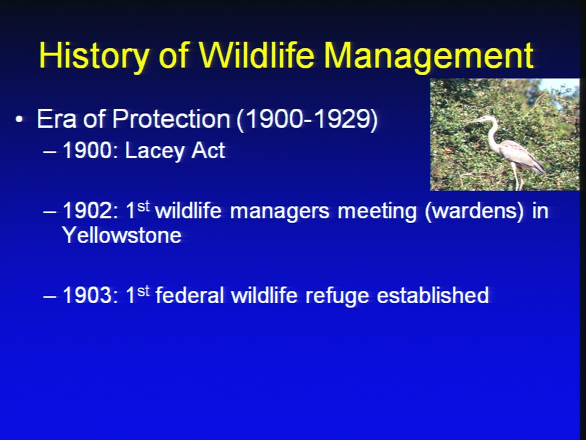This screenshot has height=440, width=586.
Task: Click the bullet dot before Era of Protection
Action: [19, 120]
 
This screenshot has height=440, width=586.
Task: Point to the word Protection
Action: [171, 119]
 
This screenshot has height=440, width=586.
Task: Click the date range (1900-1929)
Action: [307, 120]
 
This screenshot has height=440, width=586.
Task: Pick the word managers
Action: [280, 211]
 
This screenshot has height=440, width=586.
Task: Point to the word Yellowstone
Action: [122, 235]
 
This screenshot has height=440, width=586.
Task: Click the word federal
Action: [189, 295]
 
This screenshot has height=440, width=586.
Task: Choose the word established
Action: [432, 295]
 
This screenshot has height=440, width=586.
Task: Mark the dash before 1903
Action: [49, 296]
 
